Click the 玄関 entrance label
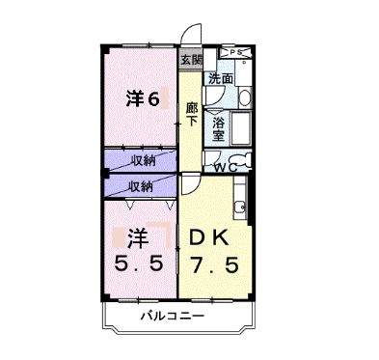(x=189, y=60)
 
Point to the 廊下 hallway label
(x=191, y=114)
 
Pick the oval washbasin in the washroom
(x=244, y=97)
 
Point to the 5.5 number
(x=136, y=263)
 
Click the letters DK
(x=213, y=235)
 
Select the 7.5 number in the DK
(x=213, y=263)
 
